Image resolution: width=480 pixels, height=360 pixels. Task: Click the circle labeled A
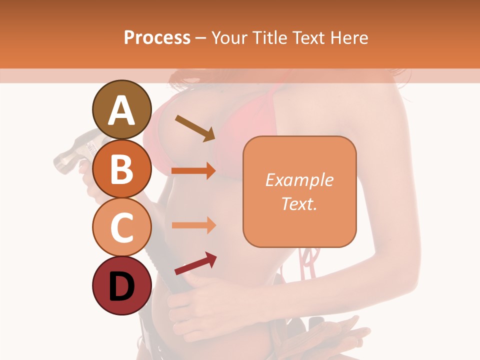[121, 109]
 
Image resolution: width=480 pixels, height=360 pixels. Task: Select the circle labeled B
[121, 168]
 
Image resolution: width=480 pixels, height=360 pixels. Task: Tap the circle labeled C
[121, 227]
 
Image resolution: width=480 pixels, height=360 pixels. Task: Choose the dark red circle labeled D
[121, 285]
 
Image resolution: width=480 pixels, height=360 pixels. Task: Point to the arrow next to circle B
[193, 171]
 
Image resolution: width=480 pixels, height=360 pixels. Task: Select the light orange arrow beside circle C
[193, 225]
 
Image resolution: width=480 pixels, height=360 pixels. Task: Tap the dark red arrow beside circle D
[195, 263]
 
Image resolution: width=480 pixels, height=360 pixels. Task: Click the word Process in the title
[157, 37]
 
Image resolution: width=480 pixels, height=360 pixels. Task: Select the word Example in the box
[299, 180]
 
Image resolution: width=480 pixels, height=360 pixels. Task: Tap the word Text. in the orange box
[299, 203]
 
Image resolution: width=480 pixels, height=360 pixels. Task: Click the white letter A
[121, 110]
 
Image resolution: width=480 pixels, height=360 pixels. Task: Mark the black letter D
[121, 286]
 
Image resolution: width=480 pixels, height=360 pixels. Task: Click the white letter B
[121, 169]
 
